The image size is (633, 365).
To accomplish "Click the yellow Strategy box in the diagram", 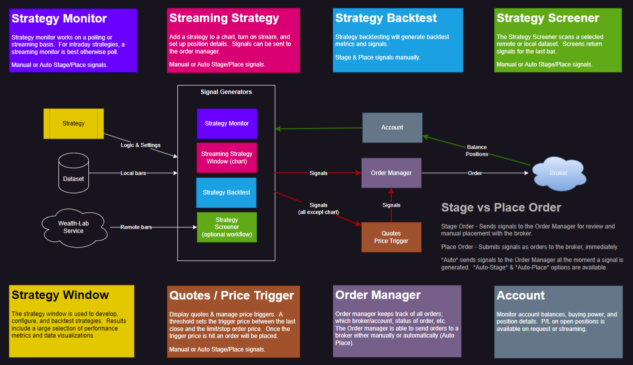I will point(73,123).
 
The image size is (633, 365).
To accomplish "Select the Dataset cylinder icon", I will point(73,173).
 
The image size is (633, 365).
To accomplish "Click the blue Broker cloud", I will point(559,173).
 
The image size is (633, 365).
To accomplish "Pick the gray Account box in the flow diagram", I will point(392,127).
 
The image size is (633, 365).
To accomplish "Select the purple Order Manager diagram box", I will point(391,173).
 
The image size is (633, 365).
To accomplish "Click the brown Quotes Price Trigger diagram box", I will point(391,237).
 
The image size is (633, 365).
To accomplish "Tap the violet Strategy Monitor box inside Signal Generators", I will point(227,123).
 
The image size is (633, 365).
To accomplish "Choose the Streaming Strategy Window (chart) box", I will point(227,157).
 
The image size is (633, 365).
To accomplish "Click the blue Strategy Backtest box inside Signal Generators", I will point(226,192).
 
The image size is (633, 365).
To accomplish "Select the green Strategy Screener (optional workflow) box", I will point(227,227).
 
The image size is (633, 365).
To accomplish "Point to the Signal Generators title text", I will point(226,92).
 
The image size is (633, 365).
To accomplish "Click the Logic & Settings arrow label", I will point(141,145).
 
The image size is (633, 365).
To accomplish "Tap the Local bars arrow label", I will point(133,173).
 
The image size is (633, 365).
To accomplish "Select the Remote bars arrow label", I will point(136,227).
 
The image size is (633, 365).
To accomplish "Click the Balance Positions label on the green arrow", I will point(477,150).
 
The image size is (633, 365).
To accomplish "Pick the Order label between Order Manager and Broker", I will point(475,173).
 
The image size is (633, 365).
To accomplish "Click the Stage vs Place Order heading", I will point(501,207).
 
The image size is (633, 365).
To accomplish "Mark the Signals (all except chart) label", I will point(318,208).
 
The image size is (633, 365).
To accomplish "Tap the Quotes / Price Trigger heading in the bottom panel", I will point(232,295).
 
